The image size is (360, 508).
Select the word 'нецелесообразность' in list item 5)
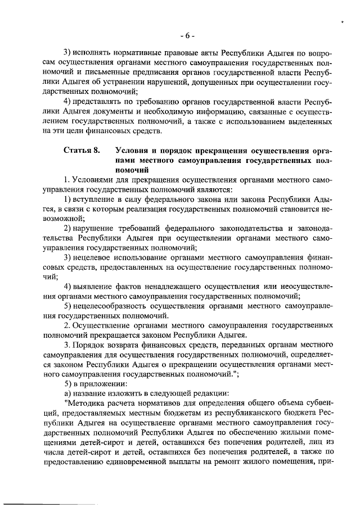(x=109, y=307)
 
